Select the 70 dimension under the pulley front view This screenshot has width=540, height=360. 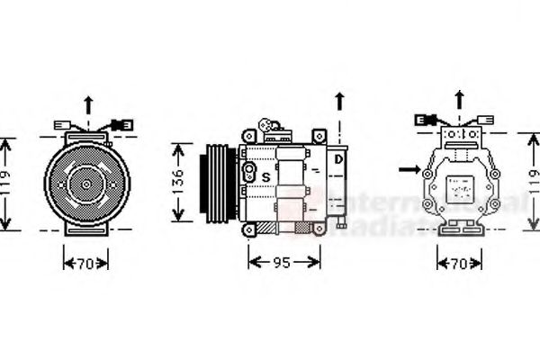(x=85, y=263)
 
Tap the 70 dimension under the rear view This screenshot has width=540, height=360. (x=459, y=263)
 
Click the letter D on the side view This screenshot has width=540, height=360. (x=337, y=160)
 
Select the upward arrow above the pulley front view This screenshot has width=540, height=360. (x=87, y=104)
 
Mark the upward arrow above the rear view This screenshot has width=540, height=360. (x=459, y=99)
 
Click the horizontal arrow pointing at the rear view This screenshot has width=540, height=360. (x=409, y=167)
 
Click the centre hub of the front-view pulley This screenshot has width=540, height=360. (x=85, y=184)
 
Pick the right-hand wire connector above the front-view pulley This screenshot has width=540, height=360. (x=121, y=124)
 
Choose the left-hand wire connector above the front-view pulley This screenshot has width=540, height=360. (x=63, y=125)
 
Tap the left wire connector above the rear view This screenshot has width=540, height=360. (x=425, y=119)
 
